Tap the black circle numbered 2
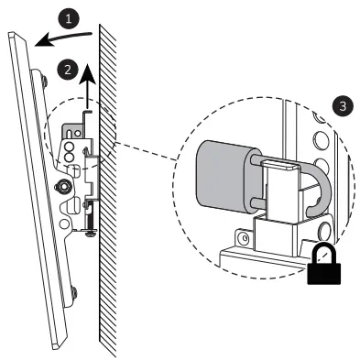click(63, 67)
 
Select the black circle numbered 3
click(343, 105)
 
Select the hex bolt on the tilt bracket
click(65, 184)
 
